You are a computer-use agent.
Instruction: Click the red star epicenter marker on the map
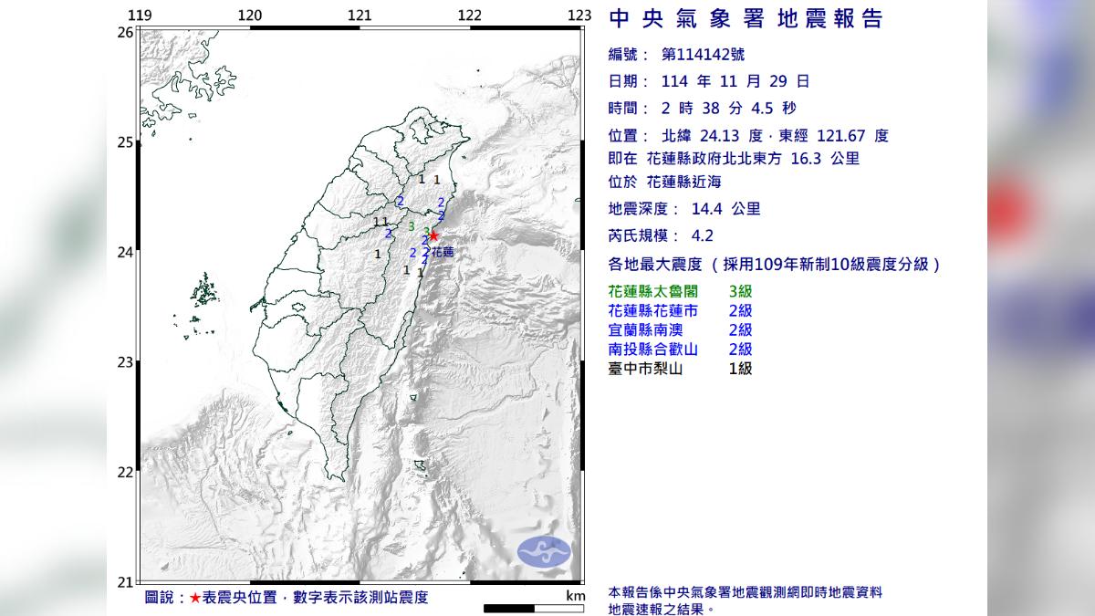[x=433, y=236]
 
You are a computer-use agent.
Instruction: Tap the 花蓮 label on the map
[x=442, y=251]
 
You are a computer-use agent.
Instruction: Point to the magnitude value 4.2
[x=703, y=235]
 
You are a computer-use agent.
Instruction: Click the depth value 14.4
[x=709, y=209]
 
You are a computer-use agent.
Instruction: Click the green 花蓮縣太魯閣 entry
[x=650, y=292]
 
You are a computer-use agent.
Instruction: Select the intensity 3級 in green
[x=740, y=292]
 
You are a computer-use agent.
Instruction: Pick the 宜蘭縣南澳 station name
[x=644, y=330]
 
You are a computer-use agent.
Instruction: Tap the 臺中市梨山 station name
[x=644, y=369]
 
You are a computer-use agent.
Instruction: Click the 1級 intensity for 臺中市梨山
[x=740, y=369]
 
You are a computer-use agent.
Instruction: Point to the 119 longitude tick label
[x=140, y=16]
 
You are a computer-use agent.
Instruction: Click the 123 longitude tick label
[x=579, y=16]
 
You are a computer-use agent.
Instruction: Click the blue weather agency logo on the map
[x=544, y=550]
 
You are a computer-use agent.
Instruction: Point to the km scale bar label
[x=574, y=596]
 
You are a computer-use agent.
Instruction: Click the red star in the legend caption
[x=195, y=598]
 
